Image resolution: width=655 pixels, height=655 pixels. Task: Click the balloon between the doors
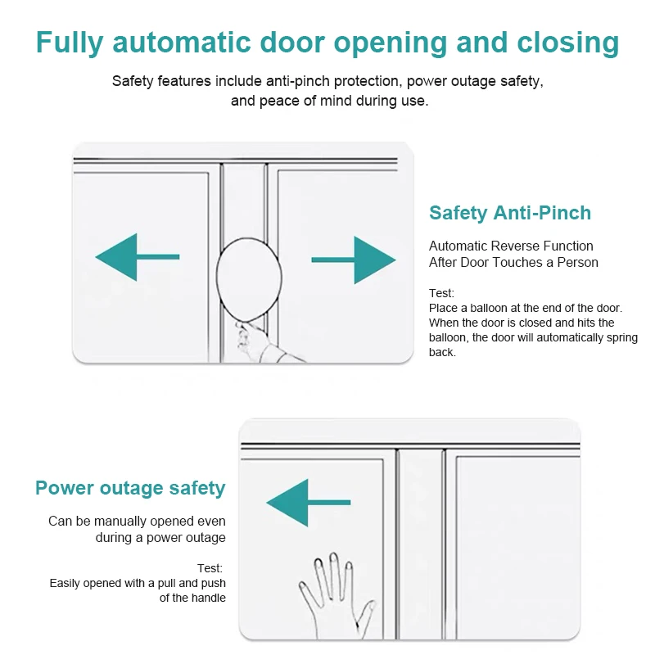point(249,279)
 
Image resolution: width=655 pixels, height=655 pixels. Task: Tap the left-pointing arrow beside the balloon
point(138,257)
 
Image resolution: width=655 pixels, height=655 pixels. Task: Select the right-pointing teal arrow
point(354,260)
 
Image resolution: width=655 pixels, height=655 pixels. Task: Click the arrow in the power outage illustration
point(309,503)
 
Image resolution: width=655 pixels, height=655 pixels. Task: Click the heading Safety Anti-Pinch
point(510,213)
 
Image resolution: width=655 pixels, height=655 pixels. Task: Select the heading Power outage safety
point(130,488)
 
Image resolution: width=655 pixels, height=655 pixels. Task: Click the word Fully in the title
point(70,43)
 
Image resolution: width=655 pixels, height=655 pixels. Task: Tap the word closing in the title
point(568,43)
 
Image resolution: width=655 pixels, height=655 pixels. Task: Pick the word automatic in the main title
point(181,43)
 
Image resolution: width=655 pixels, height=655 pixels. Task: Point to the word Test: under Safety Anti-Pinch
point(441,293)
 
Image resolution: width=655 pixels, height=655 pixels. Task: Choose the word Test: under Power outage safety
point(210,568)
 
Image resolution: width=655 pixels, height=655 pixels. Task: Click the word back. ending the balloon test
point(442,352)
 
